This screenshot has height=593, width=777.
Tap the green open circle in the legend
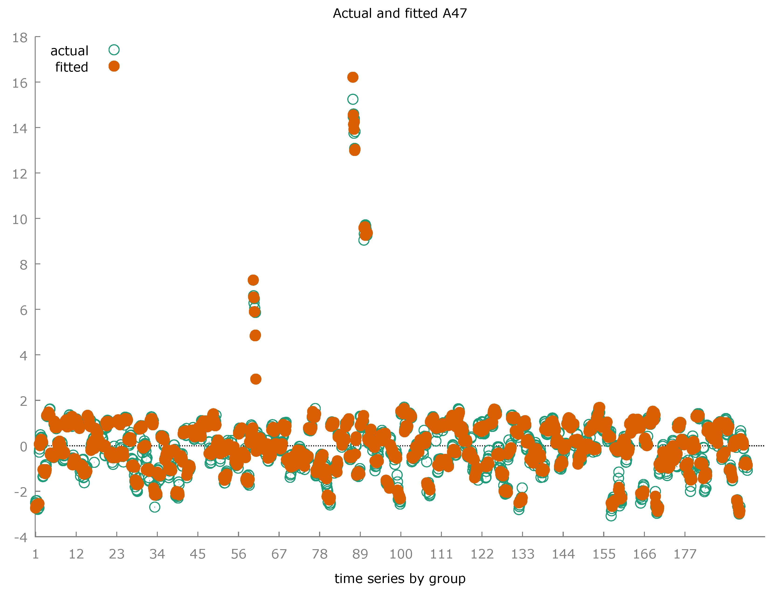(114, 50)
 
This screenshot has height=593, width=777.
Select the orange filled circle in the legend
(114, 66)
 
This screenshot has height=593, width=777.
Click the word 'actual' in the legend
(69, 51)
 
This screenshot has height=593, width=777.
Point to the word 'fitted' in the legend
(71, 67)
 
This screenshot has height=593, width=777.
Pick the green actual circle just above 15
(353, 99)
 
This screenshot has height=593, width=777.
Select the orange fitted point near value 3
(255, 379)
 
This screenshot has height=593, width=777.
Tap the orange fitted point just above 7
(253, 280)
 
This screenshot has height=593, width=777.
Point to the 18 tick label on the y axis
(20, 38)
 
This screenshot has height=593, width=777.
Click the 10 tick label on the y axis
(20, 220)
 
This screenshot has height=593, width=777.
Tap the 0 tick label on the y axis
(23, 447)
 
